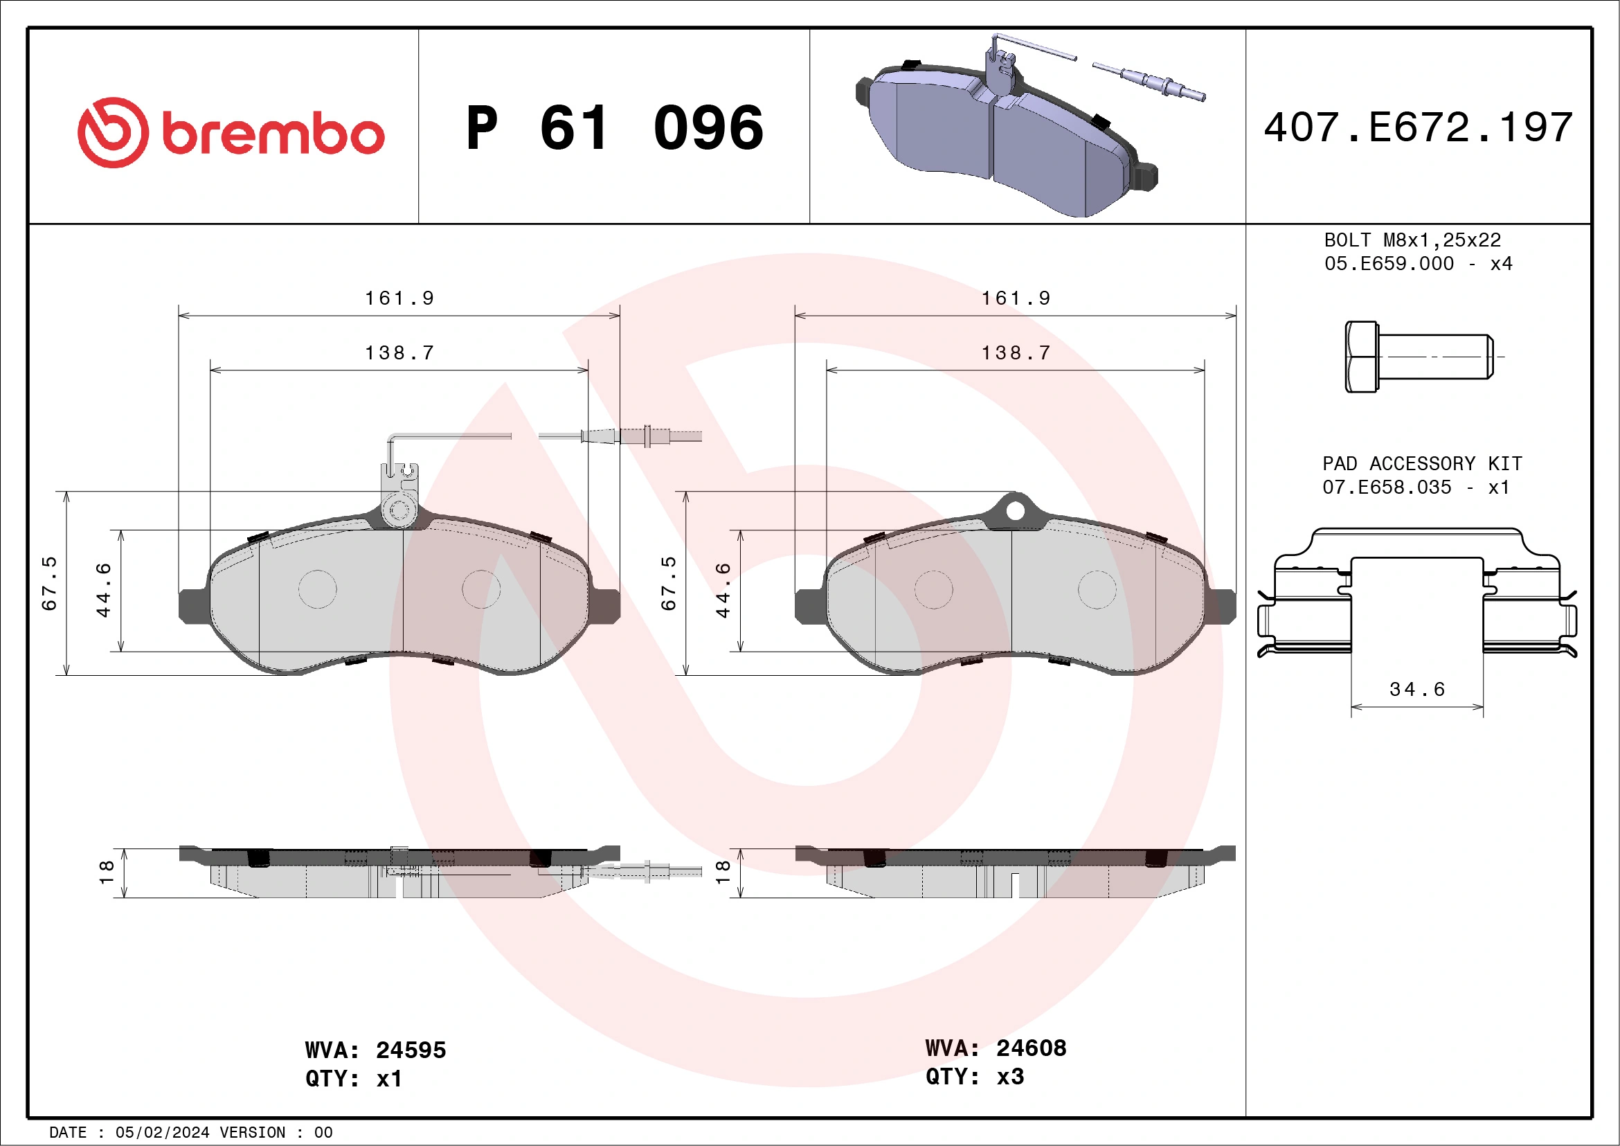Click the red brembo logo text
pos(272,134)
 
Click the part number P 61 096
pos(615,128)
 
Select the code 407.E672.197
pos(1418,127)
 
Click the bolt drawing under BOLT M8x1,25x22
pos(1419,357)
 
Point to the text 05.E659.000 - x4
pos(1418,264)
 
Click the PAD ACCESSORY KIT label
pos(1422,464)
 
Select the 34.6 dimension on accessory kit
pos(1416,690)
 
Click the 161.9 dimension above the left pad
pos(399,298)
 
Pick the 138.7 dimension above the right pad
pos(1016,353)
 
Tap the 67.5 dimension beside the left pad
pos(49,584)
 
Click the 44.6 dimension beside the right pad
pos(723,590)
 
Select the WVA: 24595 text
pos(375,1050)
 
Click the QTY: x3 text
pos(974,1077)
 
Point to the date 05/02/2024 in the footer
pos(162,1133)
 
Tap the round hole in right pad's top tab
pos(1015,511)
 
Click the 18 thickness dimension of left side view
pos(106,872)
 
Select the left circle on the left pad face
pos(318,589)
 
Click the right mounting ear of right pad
pos(1222,605)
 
